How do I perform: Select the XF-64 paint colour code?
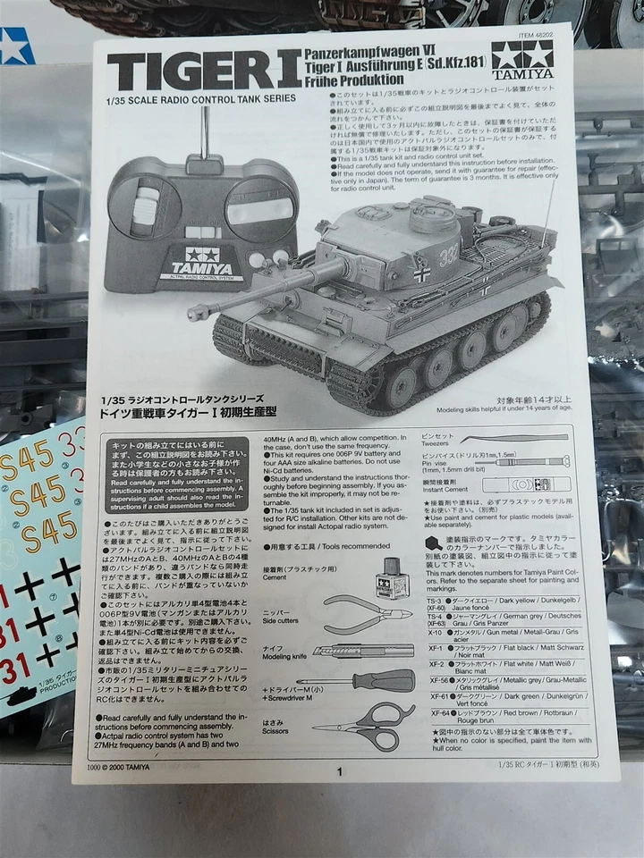click(x=436, y=712)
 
